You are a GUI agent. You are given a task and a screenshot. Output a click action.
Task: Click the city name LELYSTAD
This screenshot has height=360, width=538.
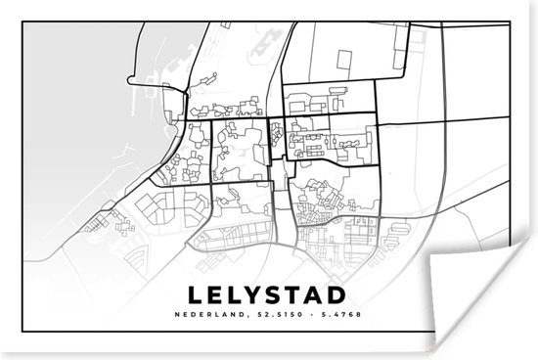(x=268, y=267)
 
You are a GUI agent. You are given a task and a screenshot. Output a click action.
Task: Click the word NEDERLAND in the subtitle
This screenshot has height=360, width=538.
(x=209, y=287)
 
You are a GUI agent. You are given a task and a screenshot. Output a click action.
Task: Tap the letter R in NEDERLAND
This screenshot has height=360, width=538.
(x=208, y=287)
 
